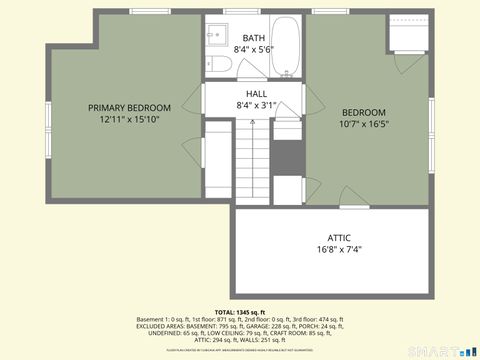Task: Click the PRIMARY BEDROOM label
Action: click(x=129, y=108)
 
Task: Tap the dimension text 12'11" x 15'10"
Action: click(x=129, y=119)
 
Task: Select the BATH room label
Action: click(x=254, y=38)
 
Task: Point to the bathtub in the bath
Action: click(x=287, y=47)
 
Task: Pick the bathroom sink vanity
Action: click(x=217, y=34)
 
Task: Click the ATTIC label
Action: click(x=339, y=237)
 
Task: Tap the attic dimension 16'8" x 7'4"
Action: click(x=339, y=249)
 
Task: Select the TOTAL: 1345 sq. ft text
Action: click(x=239, y=313)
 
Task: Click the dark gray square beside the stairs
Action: click(x=287, y=157)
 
